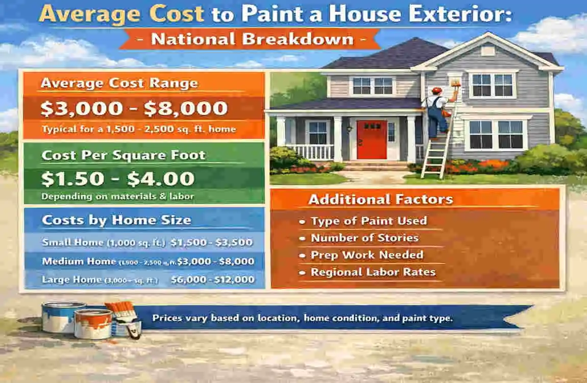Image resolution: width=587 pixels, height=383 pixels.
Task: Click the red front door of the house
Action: [372, 140]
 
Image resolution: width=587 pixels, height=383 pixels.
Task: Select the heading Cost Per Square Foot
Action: [124, 155]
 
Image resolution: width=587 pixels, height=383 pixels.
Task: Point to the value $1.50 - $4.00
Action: [118, 179]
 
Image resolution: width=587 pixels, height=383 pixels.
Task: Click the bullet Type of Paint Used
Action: [369, 221]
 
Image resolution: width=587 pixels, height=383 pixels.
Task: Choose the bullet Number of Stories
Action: [364, 238]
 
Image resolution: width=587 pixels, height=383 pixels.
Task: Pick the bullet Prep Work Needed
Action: [366, 255]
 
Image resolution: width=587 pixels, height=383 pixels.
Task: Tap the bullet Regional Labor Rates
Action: [373, 272]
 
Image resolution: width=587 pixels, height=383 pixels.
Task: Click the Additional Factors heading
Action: [380, 199]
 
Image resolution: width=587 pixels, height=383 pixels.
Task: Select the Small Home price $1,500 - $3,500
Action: [212, 242]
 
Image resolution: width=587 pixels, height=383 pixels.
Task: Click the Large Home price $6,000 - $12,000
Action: [213, 279]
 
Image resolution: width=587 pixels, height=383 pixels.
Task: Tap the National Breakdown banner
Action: [250, 39]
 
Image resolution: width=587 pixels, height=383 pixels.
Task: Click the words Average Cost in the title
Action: [123, 14]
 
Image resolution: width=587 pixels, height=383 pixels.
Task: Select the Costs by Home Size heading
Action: [116, 220]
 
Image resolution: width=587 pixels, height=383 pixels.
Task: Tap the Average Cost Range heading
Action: [119, 83]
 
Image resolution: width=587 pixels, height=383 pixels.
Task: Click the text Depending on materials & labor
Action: [118, 197]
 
